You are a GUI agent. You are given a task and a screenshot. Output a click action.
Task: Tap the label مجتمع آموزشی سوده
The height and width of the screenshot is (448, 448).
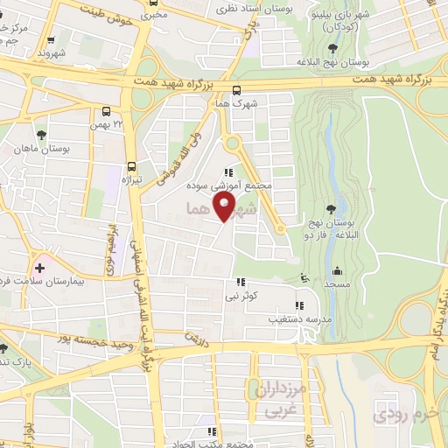point(230,186)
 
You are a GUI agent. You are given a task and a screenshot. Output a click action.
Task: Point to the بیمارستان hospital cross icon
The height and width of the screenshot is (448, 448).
point(39,265)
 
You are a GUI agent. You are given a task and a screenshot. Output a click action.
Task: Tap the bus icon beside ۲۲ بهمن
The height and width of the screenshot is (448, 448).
point(107,112)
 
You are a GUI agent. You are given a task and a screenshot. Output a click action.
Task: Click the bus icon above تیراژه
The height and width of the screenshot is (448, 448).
point(132,166)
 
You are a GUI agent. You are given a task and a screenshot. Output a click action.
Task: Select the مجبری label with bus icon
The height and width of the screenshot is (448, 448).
point(151,14)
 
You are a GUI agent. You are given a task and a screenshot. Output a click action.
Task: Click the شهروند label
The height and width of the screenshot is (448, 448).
point(52,52)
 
